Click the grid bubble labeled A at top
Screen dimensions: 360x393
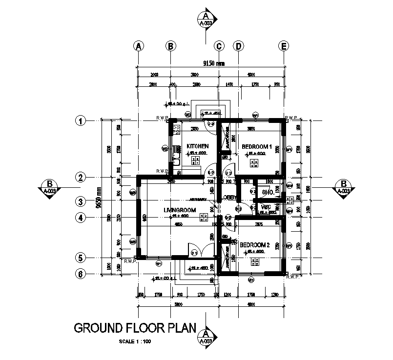click(139, 46)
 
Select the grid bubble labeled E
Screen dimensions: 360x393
click(283, 46)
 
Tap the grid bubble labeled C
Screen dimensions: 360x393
click(219, 46)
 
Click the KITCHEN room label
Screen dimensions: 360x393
click(198, 146)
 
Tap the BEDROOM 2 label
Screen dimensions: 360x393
click(254, 245)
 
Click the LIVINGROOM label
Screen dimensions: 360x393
click(180, 210)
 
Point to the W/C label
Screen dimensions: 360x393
click(266, 207)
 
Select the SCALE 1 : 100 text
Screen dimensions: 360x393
click(135, 341)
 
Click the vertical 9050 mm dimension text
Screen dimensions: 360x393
click(99, 198)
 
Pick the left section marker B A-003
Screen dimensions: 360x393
click(49, 187)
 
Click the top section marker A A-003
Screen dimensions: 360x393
click(206, 19)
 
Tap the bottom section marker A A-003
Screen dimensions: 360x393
click(206, 337)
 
